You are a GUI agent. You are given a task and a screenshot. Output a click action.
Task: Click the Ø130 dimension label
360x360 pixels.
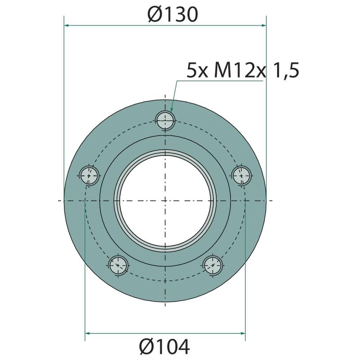pyautogui.click(x=173, y=14)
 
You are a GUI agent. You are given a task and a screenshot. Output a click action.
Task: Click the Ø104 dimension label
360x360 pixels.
pyautogui.click(x=164, y=346)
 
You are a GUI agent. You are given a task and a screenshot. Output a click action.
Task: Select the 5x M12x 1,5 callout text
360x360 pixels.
pyautogui.click(x=243, y=71)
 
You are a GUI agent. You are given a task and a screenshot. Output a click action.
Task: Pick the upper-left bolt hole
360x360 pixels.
pyautogui.click(x=89, y=175)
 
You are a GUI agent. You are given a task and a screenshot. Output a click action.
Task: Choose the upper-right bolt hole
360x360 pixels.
pyautogui.click(x=241, y=175)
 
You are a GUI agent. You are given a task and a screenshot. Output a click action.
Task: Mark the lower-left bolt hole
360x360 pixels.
pyautogui.click(x=118, y=265)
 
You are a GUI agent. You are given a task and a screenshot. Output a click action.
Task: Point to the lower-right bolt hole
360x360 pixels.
pyautogui.click(x=213, y=265)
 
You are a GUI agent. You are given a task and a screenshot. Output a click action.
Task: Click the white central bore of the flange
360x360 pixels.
pyautogui.click(x=165, y=201)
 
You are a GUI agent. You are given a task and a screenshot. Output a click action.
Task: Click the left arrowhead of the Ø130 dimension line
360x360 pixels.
pyautogui.click(x=67, y=25)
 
